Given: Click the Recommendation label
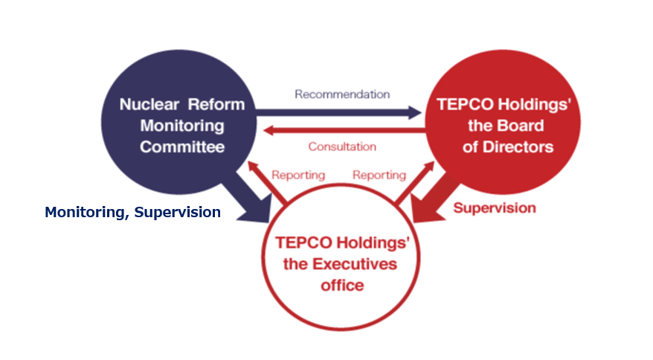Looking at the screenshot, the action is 342,94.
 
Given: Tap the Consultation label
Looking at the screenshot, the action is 342,147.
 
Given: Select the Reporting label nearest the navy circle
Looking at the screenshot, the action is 298,175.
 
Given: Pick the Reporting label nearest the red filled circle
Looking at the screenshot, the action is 379,175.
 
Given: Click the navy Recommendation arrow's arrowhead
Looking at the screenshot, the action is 414,112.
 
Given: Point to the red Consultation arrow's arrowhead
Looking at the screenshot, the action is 270,130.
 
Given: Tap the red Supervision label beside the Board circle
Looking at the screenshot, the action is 495,208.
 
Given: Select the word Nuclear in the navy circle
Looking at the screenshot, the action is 149,104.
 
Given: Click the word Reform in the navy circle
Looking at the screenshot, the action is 216,104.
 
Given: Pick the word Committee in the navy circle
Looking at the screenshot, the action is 182,147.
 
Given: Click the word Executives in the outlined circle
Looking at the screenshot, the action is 355,264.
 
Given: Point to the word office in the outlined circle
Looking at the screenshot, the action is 342,286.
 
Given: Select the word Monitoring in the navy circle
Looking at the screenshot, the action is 182,126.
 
